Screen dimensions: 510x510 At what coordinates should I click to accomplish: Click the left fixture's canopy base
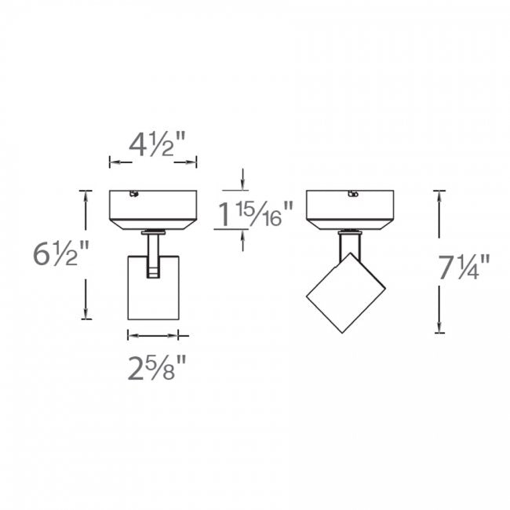(153, 209)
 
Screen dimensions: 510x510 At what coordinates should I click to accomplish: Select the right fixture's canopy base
(349, 209)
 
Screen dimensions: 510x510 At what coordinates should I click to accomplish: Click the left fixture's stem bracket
(153, 251)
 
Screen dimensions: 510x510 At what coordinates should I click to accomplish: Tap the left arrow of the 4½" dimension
(113, 162)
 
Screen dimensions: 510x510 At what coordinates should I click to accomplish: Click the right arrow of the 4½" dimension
(192, 162)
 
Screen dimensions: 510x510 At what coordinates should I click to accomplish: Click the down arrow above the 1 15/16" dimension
(242, 184)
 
